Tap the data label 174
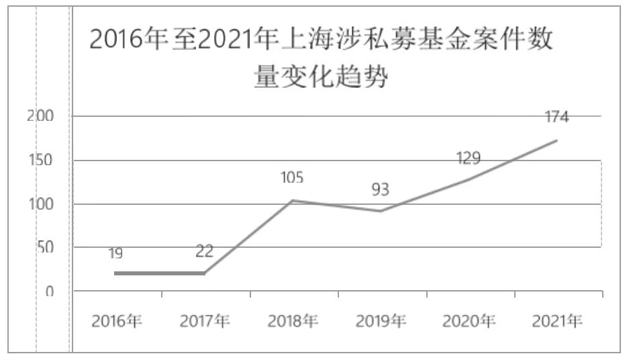(x=556, y=117)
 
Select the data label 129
(x=468, y=159)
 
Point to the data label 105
(x=291, y=178)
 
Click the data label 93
(x=380, y=190)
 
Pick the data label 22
(x=204, y=252)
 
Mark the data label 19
(x=115, y=253)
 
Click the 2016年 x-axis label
(x=117, y=321)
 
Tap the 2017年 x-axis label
(x=205, y=321)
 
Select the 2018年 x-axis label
(x=293, y=321)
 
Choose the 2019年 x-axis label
(x=381, y=321)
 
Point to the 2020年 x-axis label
(x=469, y=321)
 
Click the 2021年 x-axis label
(x=557, y=321)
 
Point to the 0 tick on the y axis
(x=49, y=291)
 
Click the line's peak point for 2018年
(x=292, y=200)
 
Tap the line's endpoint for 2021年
(x=556, y=140)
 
